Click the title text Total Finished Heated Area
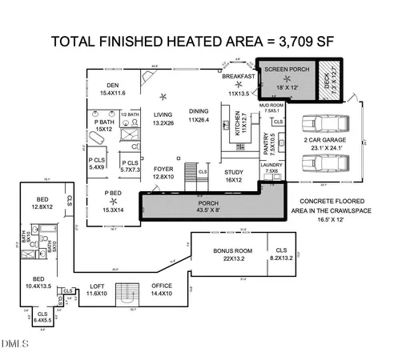(197, 40)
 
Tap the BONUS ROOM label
(221, 254)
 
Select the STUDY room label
(233, 176)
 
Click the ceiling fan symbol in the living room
(163, 96)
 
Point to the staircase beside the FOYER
(191, 172)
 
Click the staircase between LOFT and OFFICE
(127, 293)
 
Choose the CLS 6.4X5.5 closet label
(42, 316)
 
